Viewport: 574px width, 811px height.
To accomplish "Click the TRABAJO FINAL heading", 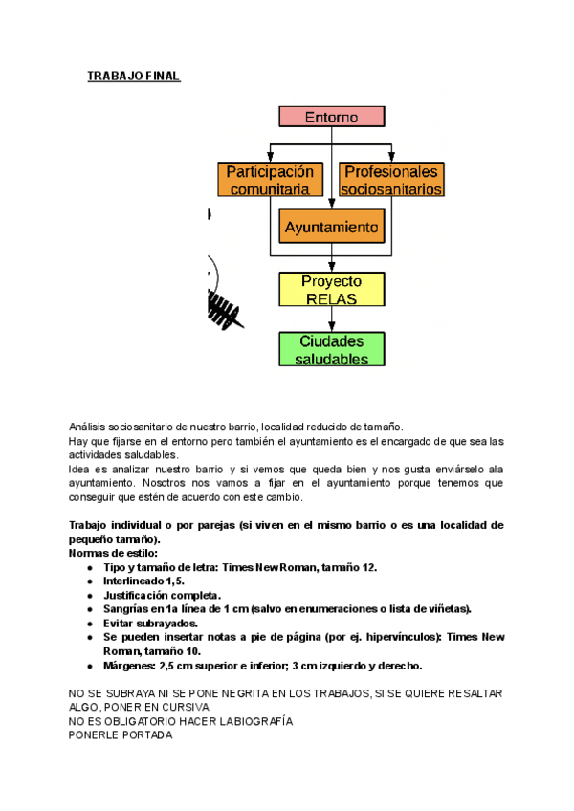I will [133, 77].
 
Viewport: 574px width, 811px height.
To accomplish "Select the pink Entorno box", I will [331, 117].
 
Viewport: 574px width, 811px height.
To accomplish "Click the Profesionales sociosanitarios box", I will [391, 180].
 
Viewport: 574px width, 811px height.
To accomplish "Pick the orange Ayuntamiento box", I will [331, 229].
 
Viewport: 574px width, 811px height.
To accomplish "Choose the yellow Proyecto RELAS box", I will [331, 290].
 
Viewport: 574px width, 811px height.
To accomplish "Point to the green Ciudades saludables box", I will [331, 349].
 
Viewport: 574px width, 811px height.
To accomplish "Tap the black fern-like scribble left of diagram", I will [222, 308].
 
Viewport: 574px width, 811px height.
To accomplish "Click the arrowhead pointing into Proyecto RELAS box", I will [331, 267].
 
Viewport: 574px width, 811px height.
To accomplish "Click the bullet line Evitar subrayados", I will [150, 623].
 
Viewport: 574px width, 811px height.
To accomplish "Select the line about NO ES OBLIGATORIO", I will [181, 721].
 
